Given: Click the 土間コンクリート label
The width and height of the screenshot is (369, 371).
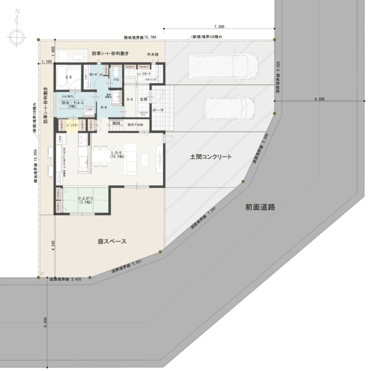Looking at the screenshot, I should [x=210, y=157].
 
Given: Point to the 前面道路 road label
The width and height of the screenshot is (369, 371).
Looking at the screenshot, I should [x=259, y=207].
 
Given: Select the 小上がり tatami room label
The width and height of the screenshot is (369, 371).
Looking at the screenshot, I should [x=85, y=200].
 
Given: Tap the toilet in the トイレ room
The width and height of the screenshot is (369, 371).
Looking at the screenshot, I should [x=116, y=74].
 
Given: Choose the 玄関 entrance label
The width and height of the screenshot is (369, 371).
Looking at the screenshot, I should [x=143, y=99].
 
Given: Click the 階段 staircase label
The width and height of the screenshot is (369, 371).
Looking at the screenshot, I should [x=116, y=123].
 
